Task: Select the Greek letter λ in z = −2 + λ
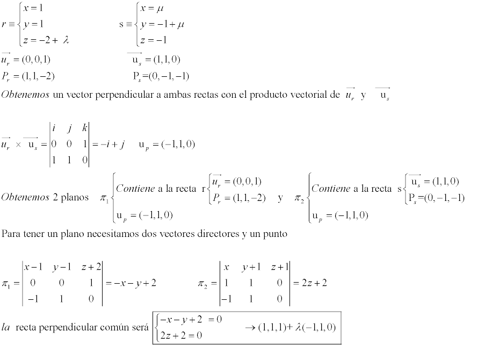click(x=66, y=40)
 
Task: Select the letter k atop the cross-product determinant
click(x=85, y=128)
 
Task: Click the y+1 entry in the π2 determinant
click(x=251, y=267)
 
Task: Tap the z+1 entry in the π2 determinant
click(x=279, y=267)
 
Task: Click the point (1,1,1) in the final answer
click(x=272, y=327)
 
